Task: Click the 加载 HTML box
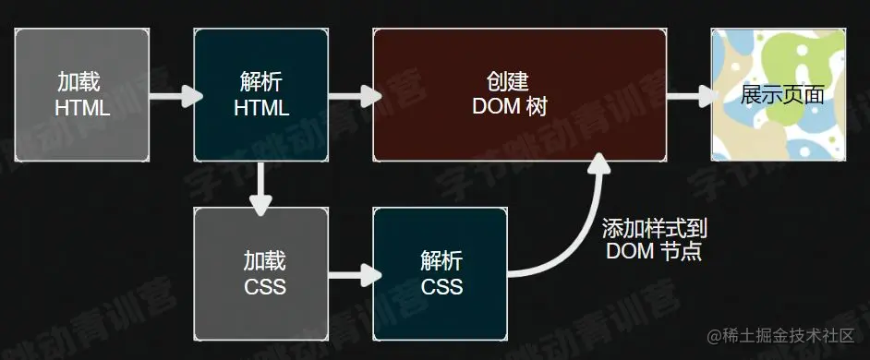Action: click(82, 95)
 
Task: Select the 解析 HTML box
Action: click(261, 95)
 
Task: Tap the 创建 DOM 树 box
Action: click(519, 95)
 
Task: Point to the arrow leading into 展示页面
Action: click(691, 95)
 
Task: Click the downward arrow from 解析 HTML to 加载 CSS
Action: click(261, 185)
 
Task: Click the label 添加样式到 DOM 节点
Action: click(654, 239)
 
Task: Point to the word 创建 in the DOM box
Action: click(509, 81)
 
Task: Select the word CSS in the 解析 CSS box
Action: click(441, 286)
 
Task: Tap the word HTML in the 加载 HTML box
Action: click(82, 107)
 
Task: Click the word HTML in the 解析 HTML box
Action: click(261, 107)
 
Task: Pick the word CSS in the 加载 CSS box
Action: click(265, 286)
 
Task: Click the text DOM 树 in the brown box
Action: click(510, 107)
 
